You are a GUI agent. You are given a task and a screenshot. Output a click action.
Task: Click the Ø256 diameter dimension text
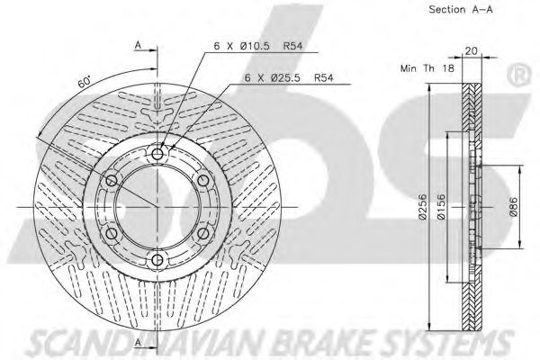coord(422,210)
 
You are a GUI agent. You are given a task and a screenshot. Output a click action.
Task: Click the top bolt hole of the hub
coord(158,155)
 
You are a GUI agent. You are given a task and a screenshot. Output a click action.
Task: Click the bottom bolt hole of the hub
coord(158,261)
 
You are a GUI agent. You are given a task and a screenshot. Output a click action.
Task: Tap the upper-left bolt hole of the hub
coord(112,182)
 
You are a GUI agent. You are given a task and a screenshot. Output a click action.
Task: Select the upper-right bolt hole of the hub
coord(204,182)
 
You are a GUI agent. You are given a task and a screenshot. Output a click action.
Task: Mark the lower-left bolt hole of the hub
coord(112,235)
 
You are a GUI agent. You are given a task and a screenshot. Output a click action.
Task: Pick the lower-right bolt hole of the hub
coord(204,235)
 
